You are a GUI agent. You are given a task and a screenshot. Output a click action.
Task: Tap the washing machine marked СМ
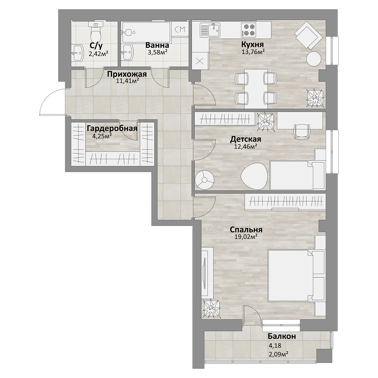point(180,29)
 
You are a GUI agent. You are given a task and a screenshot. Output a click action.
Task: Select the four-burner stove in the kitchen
point(249,30)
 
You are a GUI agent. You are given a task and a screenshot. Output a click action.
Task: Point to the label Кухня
point(252,44)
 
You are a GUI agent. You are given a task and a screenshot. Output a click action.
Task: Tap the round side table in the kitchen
point(314,59)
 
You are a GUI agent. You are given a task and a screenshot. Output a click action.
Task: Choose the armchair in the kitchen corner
point(309,35)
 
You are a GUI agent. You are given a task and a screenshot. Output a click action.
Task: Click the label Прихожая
point(127,74)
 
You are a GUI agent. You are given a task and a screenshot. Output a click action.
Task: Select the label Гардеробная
point(112,129)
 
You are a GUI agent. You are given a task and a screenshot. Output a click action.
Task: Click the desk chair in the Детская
point(302,132)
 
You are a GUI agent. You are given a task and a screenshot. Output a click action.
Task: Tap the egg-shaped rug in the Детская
point(254,176)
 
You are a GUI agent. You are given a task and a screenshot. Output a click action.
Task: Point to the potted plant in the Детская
point(266,122)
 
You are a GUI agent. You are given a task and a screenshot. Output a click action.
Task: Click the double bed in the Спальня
point(296,275)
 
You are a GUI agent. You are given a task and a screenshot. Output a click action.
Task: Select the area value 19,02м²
point(246,237)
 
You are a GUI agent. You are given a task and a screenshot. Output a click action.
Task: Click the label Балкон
point(282,336)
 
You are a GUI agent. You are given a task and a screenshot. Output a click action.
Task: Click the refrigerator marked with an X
point(200,61)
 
